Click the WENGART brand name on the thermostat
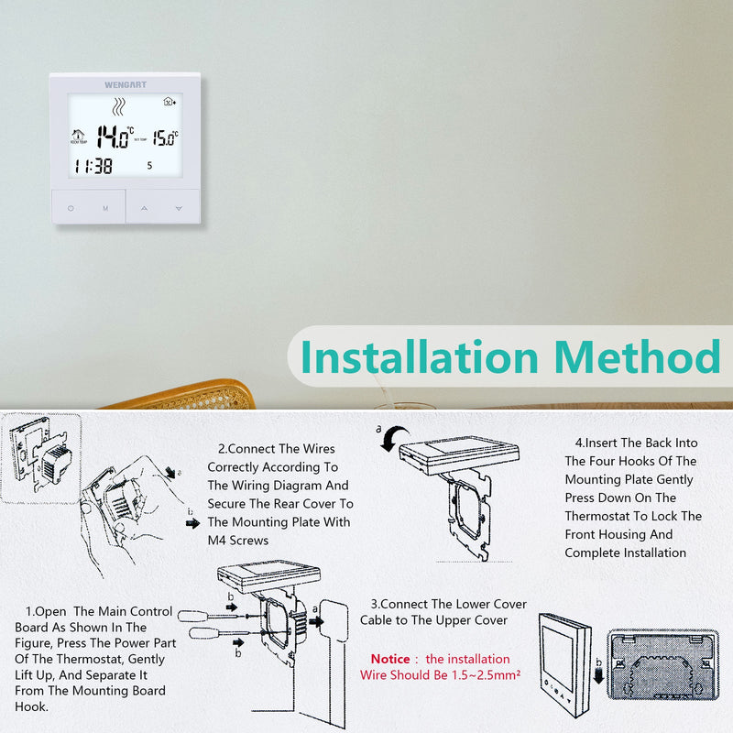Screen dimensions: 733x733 pyautogui.click(x=125, y=84)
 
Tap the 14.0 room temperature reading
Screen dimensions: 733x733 pyautogui.click(x=115, y=137)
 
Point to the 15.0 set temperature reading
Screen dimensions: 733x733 pyautogui.click(x=164, y=138)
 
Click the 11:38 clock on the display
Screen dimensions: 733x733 pyautogui.click(x=93, y=167)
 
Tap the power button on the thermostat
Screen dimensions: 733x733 pyautogui.click(x=71, y=209)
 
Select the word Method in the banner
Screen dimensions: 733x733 pyautogui.click(x=638, y=357)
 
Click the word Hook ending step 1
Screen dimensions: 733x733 pyautogui.click(x=33, y=706)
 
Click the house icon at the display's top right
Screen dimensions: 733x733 pyautogui.click(x=168, y=104)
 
